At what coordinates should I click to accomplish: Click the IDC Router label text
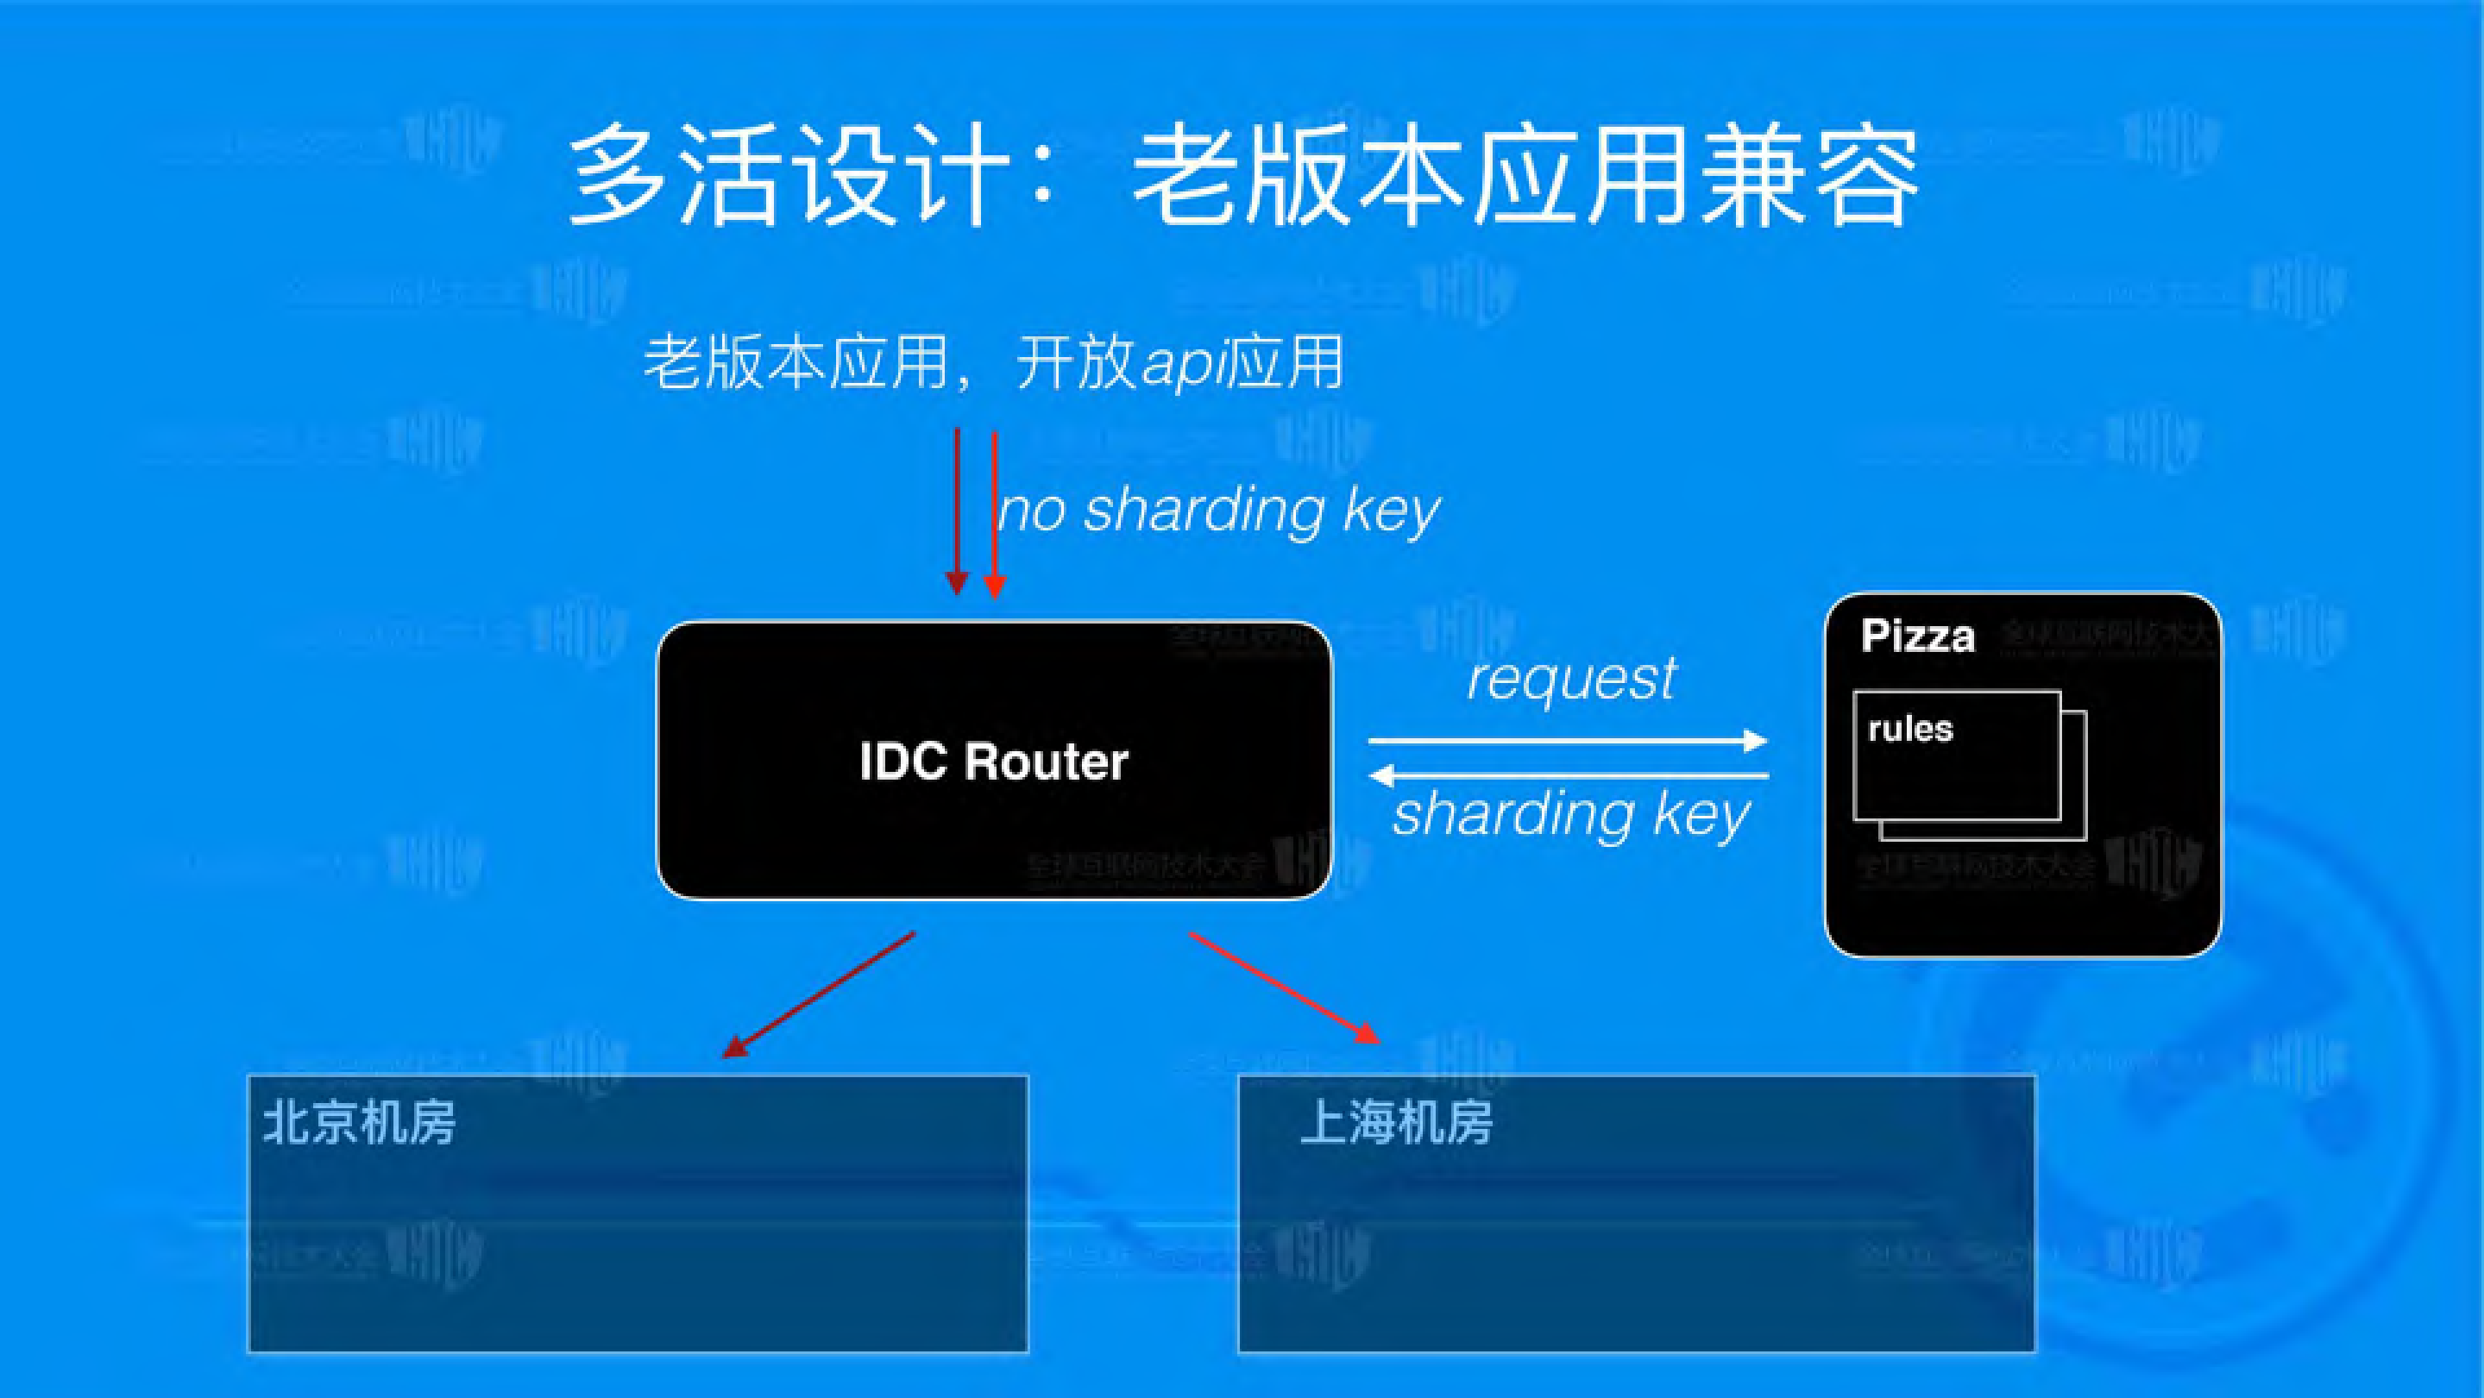[x=993, y=762]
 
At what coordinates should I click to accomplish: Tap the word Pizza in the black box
[x=1917, y=636]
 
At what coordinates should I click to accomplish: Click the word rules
[x=1910, y=729]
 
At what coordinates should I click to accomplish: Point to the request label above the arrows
[x=1572, y=679]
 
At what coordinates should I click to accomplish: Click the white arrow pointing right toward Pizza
[x=1567, y=741]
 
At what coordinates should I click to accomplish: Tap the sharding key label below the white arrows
[x=1572, y=815]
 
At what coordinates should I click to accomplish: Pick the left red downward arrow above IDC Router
[x=957, y=511]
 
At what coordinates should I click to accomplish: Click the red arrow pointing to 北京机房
[x=820, y=994]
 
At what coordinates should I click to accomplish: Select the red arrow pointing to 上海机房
[x=1285, y=988]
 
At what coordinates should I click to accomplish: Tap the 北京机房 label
[x=359, y=1123]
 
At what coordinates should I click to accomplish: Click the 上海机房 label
[x=1395, y=1123]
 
